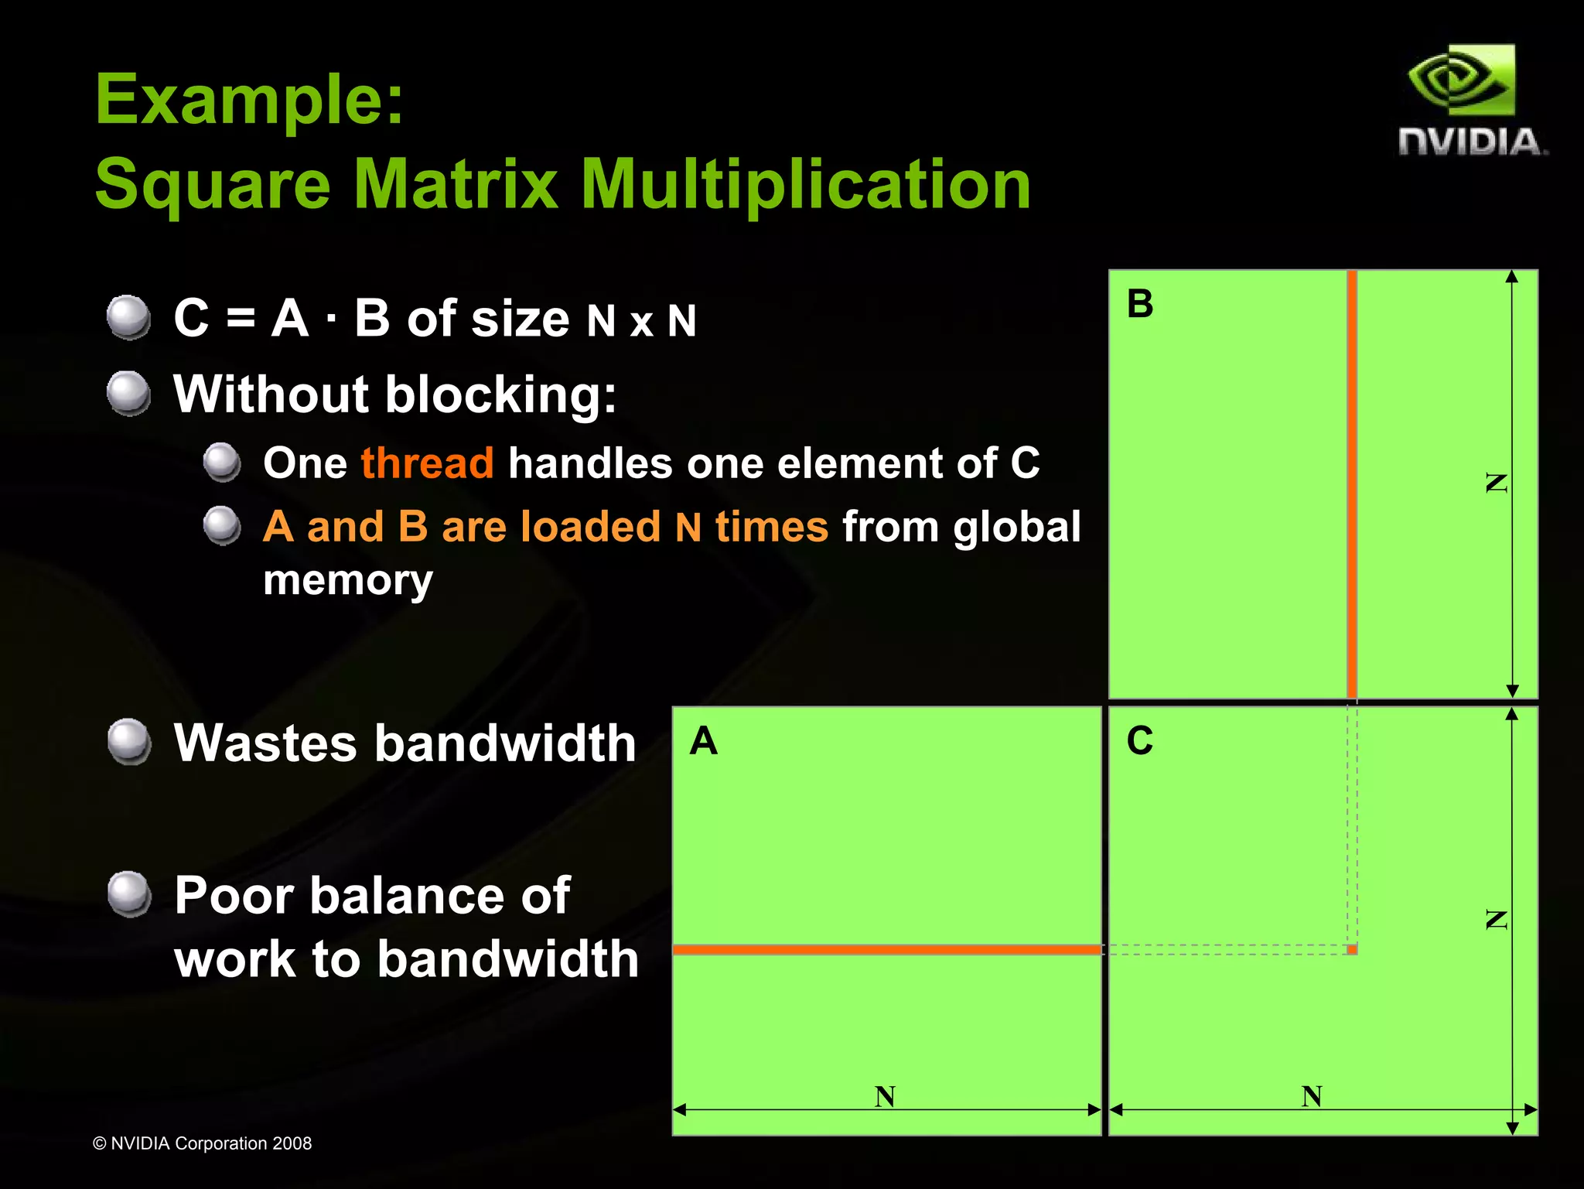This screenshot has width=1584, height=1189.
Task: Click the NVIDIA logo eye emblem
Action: pyautogui.click(x=1460, y=81)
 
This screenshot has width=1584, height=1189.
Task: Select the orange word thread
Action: pyautogui.click(x=427, y=463)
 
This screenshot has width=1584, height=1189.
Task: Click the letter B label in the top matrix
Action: pyautogui.click(x=1139, y=303)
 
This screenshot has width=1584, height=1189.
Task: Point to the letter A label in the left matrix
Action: pyautogui.click(x=704, y=741)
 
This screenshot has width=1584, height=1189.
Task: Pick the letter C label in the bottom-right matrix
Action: pyautogui.click(x=1139, y=740)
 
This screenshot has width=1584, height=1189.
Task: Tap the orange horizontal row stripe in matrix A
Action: pyautogui.click(x=886, y=949)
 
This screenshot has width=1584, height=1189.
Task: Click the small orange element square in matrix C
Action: pyautogui.click(x=1352, y=949)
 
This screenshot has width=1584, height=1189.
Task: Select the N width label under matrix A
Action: pyautogui.click(x=885, y=1096)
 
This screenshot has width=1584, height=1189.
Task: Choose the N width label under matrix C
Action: pyautogui.click(x=1311, y=1095)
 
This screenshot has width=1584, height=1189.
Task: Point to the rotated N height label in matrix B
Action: pyautogui.click(x=1497, y=483)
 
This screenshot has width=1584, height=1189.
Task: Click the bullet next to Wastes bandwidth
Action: pyautogui.click(x=128, y=741)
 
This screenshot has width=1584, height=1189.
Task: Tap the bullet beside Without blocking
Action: pyautogui.click(x=128, y=393)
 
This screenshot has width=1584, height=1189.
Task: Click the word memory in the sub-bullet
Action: pyautogui.click(x=347, y=580)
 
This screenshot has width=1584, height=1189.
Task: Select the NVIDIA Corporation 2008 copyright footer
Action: pyautogui.click(x=202, y=1143)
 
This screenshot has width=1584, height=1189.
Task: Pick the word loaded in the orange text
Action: pyautogui.click(x=590, y=527)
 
